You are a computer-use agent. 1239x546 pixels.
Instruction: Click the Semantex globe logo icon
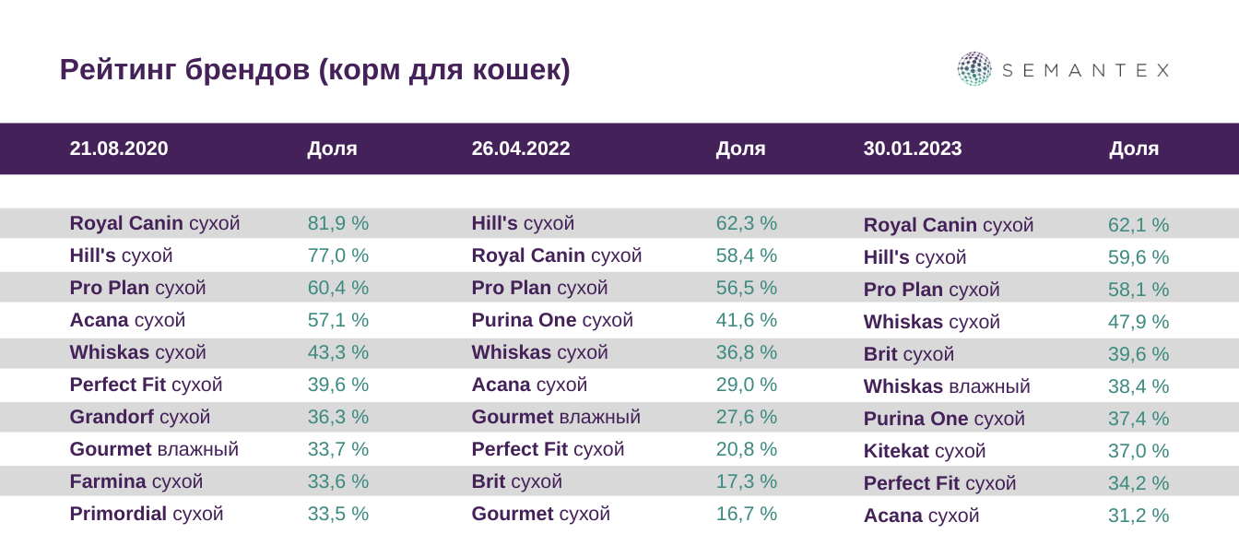point(973,69)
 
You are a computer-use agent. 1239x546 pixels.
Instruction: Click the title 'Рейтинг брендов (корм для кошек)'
point(314,70)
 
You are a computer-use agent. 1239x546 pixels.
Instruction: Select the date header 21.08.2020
point(119,148)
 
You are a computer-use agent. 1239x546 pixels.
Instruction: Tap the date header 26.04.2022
point(521,148)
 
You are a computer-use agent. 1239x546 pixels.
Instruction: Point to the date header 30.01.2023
point(913,148)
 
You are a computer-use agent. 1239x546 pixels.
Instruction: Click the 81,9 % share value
point(338,223)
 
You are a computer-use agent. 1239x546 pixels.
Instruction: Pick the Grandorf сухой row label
point(140,417)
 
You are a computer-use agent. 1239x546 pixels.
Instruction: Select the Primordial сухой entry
point(147,514)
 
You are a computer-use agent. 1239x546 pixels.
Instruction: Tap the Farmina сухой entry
point(136,481)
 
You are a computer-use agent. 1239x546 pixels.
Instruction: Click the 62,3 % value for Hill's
point(747,223)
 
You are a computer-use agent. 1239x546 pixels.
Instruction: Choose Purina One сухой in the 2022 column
point(552,320)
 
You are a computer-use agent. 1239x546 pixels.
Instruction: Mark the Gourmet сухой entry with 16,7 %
point(541,514)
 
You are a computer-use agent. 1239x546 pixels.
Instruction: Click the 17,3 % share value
point(747,481)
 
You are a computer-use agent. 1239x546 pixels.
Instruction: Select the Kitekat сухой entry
point(925,451)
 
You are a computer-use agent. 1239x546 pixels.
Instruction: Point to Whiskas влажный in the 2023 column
point(947,386)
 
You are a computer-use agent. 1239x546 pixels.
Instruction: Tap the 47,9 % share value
point(1139,322)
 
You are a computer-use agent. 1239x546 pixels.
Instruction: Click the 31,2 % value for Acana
point(1139,516)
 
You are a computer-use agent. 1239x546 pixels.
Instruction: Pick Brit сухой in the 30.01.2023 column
point(909,354)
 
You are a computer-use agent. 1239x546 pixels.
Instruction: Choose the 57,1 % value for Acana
point(338,320)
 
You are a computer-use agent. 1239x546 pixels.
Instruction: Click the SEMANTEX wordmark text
point(1085,70)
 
